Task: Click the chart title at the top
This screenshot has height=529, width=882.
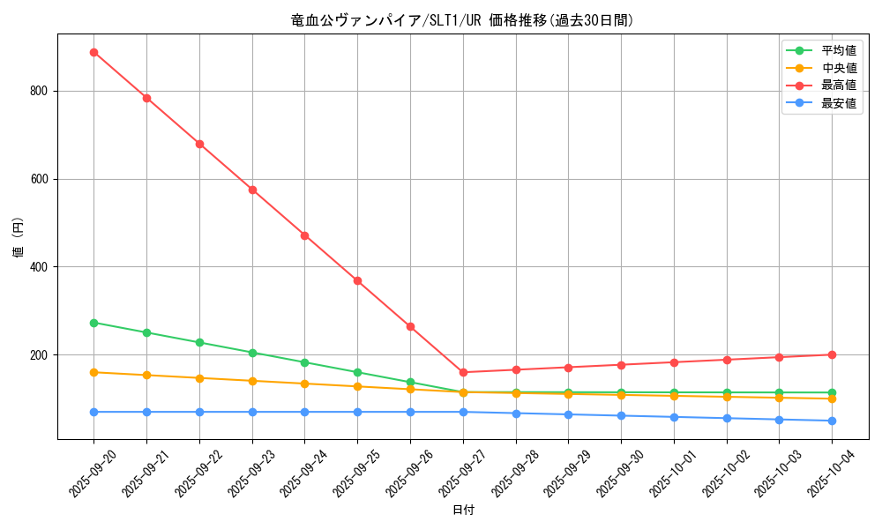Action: click(462, 20)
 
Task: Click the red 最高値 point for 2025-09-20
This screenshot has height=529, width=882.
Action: click(93, 52)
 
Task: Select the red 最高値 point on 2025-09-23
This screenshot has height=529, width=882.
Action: click(252, 190)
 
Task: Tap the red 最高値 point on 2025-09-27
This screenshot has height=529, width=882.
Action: click(463, 372)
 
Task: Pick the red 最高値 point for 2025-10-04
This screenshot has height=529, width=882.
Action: click(832, 354)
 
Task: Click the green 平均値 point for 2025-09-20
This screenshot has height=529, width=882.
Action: click(93, 323)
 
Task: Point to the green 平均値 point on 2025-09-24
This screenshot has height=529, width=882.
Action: click(304, 362)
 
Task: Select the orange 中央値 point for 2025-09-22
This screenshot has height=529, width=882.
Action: click(199, 378)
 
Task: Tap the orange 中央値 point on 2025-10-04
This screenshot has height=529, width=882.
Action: click(832, 399)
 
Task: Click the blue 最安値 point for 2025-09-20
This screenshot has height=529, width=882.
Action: click(93, 412)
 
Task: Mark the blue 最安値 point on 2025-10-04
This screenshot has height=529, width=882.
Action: click(832, 421)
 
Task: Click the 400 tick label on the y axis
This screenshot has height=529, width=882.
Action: click(41, 267)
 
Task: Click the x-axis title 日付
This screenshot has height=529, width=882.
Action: click(462, 510)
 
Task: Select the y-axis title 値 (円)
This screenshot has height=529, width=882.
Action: click(18, 238)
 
